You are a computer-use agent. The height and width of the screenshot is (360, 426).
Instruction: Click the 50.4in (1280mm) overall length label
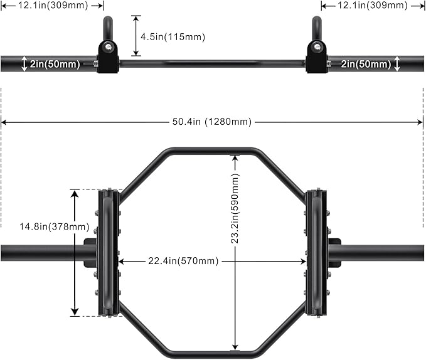click(212, 122)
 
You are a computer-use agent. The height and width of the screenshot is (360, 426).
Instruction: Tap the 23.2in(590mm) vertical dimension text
click(235, 208)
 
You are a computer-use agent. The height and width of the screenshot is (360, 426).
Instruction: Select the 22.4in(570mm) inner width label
click(183, 261)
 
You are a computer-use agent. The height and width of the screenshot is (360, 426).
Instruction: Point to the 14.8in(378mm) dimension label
click(55, 226)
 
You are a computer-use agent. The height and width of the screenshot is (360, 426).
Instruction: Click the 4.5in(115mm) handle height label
click(173, 36)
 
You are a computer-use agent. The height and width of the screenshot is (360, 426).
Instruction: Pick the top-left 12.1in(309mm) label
click(53, 5)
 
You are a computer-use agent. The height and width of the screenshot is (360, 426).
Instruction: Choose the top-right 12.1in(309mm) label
click(373, 5)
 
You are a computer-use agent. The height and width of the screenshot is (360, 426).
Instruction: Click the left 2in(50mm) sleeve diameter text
click(55, 64)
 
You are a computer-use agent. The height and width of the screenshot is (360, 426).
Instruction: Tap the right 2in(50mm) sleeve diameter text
click(366, 64)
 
